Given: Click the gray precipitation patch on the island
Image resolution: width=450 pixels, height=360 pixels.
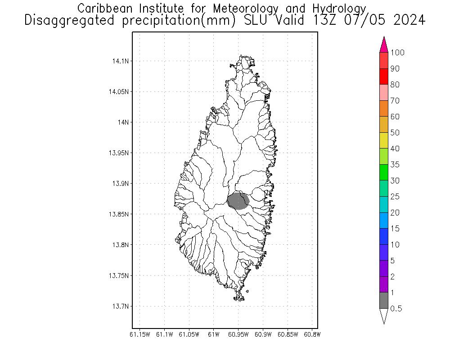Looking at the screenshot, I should coord(238,201).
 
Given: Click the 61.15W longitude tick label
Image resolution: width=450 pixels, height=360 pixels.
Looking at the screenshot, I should coord(139,334).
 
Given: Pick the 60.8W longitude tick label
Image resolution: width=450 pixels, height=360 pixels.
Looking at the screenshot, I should coord(312,334).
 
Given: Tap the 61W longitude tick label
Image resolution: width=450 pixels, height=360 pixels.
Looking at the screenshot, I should coord(214,334).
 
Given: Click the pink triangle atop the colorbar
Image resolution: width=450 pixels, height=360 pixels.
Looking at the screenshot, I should coord(384,45).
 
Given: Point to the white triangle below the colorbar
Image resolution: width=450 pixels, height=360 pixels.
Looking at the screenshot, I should coord(384,316).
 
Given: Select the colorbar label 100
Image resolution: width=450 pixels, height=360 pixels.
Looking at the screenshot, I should coord(397,53).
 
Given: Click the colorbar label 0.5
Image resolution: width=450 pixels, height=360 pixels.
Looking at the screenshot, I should coord(396,309).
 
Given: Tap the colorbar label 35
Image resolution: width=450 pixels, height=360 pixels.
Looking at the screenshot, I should coord(395,165).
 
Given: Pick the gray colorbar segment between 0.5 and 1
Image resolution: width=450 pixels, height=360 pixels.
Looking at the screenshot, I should coord(384,300).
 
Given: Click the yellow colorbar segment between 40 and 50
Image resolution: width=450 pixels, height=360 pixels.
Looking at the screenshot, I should coord(384,140).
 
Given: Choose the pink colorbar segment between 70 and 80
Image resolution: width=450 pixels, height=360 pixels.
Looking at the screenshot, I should coord(384,92).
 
